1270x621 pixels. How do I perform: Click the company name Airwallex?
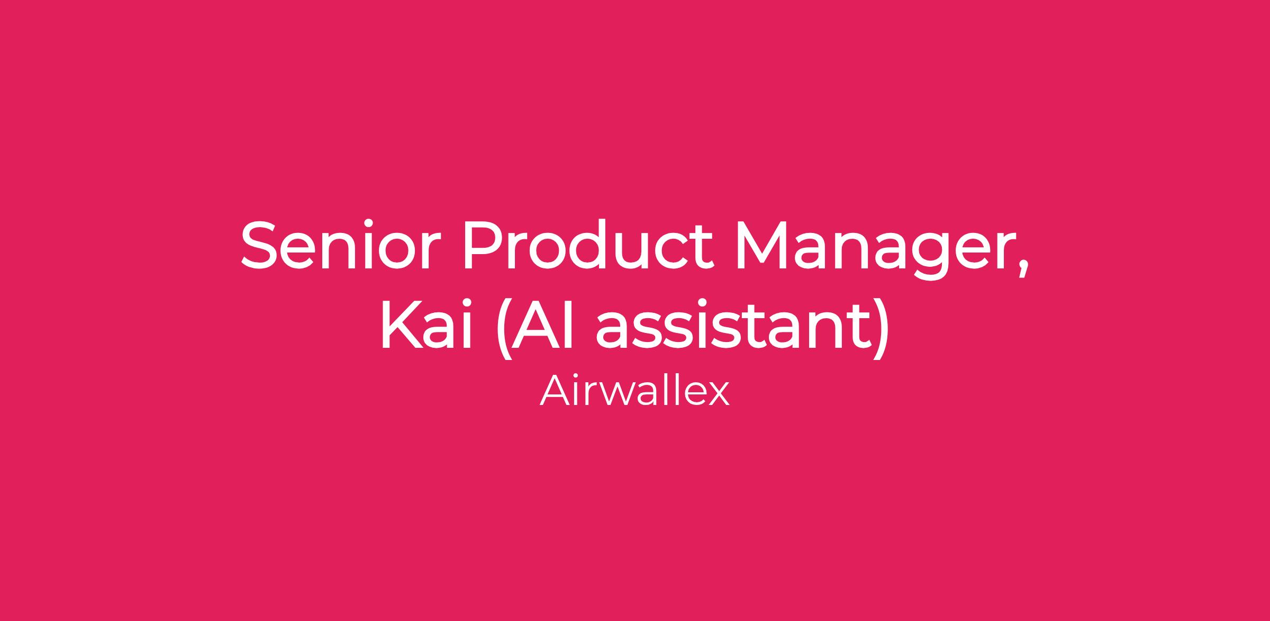click(634, 391)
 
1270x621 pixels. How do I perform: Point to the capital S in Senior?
click(259, 245)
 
